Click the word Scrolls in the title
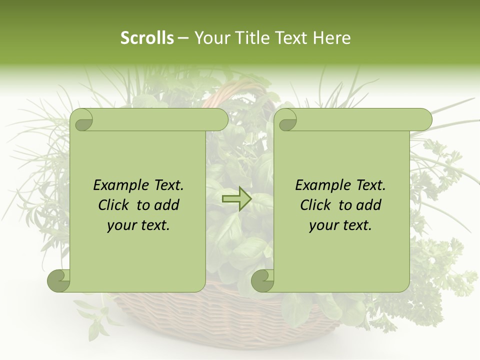click(x=147, y=38)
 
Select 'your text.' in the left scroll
click(x=138, y=225)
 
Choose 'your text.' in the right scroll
click(x=340, y=225)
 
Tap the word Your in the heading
click(x=210, y=38)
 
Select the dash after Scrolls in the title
click(x=183, y=38)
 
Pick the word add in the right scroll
click(x=368, y=205)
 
